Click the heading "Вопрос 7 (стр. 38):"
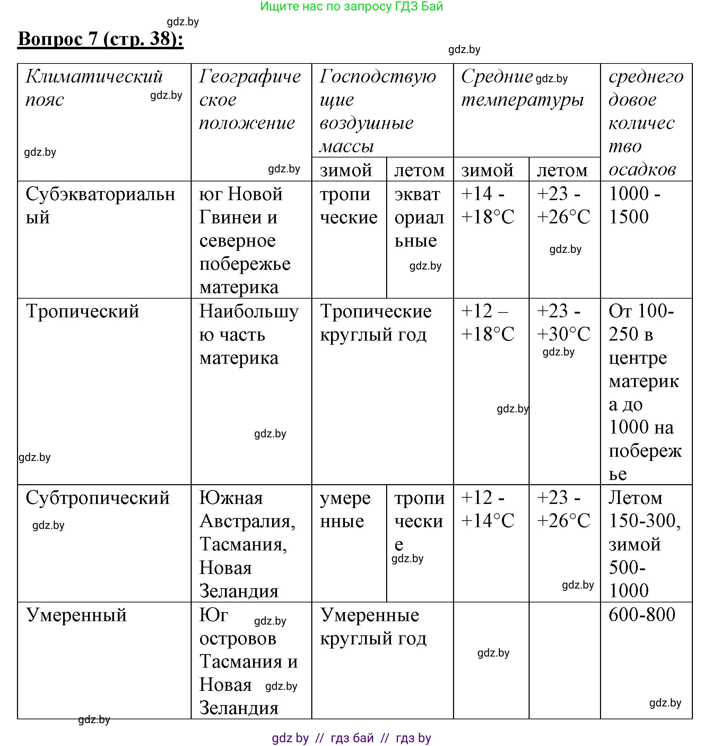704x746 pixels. click(101, 39)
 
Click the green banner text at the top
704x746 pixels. click(351, 6)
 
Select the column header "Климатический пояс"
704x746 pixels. click(94, 88)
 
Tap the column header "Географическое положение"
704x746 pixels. click(250, 100)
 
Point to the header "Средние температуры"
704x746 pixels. click(522, 88)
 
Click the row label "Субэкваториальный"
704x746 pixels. click(100, 205)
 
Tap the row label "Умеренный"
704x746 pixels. click(77, 615)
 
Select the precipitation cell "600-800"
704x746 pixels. click(642, 615)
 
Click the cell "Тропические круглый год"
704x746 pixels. click(375, 323)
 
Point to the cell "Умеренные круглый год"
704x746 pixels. click(373, 627)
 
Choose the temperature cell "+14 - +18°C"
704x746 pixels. click(487, 205)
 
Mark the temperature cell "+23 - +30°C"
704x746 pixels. click(563, 323)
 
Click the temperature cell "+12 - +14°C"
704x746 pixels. click(487, 509)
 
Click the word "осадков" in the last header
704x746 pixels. click(642, 170)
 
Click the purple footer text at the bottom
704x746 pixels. click(351, 738)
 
